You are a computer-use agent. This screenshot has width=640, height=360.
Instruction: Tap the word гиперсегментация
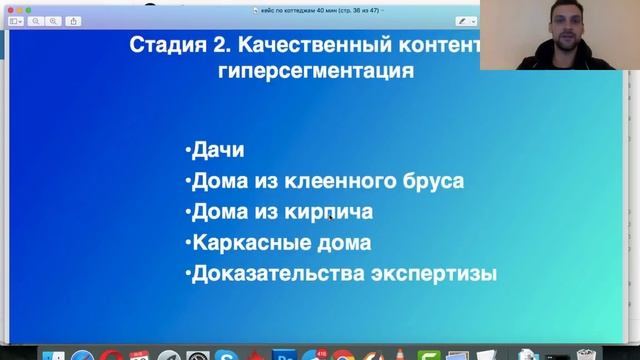tap(315, 72)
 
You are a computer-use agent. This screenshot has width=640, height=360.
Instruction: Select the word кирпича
tap(334, 212)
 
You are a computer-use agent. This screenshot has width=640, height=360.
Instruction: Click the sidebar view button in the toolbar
tap(16, 20)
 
